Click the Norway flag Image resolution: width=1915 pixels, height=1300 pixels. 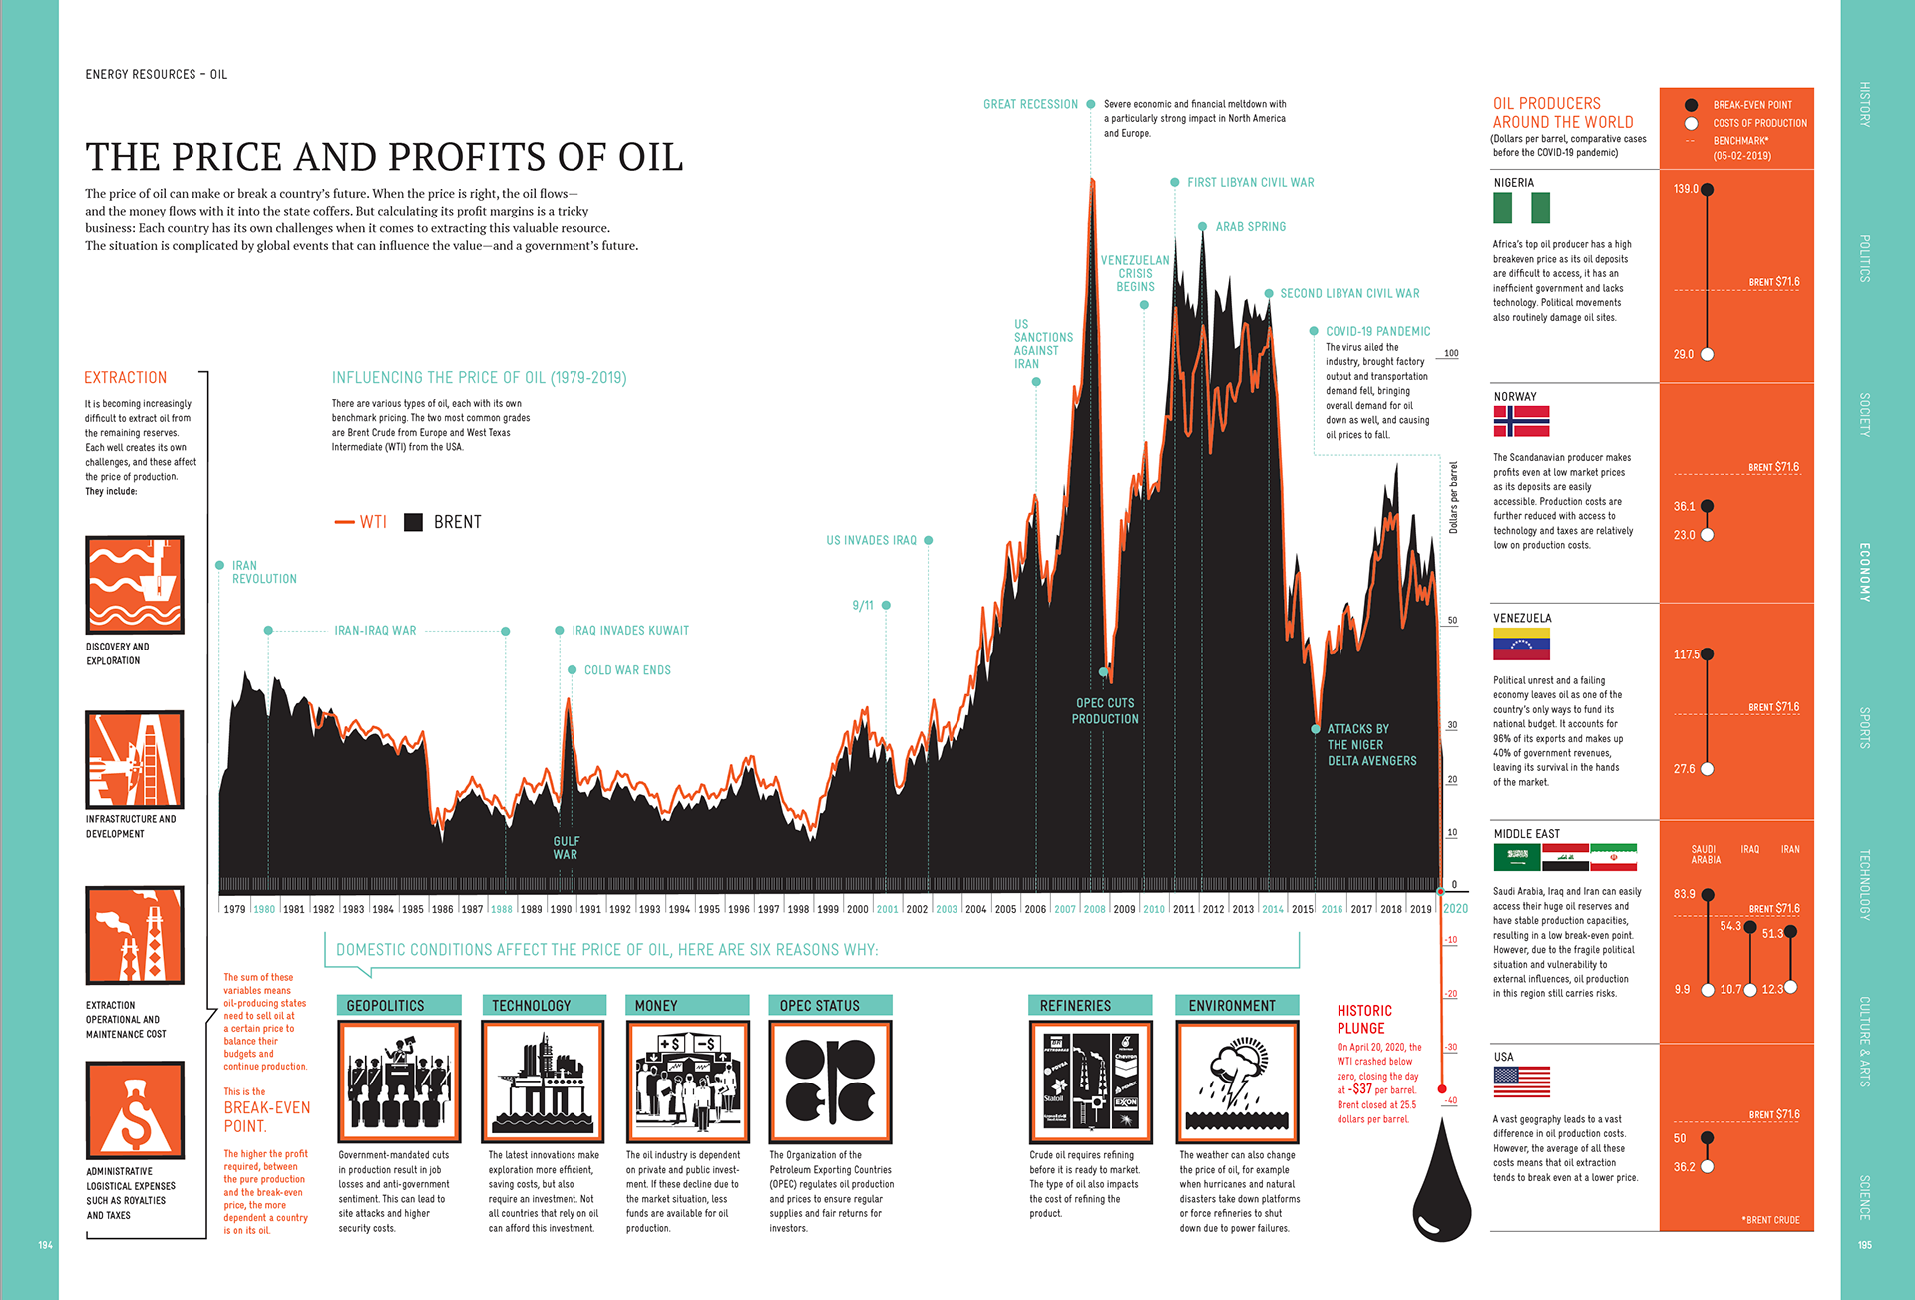[1521, 421]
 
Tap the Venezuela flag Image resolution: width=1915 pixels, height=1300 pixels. [1521, 644]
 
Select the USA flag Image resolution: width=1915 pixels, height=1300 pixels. [1521, 1082]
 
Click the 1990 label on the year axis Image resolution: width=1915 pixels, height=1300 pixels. [562, 909]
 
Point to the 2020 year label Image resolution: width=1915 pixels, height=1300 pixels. [1455, 908]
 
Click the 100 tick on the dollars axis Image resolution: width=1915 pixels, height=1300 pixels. [1451, 353]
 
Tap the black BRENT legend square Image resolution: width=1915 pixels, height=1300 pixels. [413, 522]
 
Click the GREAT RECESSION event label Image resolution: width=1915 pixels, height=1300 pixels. [1030, 104]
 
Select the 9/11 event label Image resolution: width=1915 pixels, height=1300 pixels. [863, 606]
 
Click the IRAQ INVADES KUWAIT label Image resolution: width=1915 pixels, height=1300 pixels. [630, 631]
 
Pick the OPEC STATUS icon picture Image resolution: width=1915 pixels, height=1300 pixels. [830, 1082]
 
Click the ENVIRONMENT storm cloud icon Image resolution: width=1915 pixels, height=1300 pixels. [1237, 1082]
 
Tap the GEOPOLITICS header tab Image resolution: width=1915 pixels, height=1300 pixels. [399, 1006]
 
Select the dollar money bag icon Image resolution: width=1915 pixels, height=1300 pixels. [135, 1110]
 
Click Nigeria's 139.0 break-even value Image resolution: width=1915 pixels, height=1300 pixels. [1686, 189]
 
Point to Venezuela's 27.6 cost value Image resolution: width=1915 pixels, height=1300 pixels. [1685, 769]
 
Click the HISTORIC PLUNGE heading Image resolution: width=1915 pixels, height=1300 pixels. [1363, 1019]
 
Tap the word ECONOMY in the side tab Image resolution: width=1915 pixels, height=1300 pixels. [1864, 572]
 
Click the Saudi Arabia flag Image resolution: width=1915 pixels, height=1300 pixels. [1516, 857]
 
